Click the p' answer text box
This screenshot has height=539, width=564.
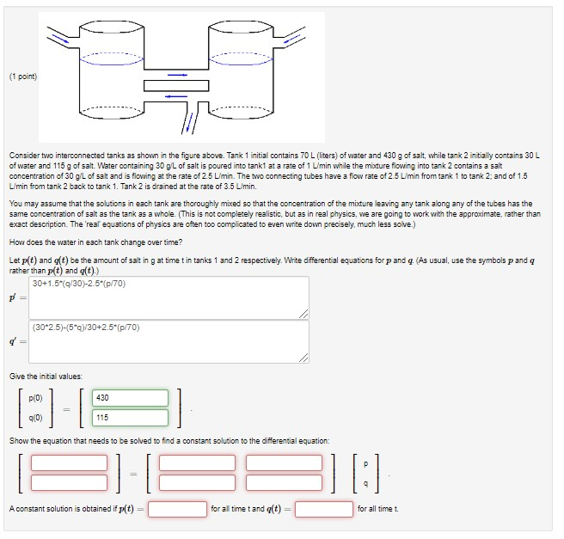[169, 297]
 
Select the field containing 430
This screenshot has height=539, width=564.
[131, 398]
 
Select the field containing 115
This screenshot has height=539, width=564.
[131, 417]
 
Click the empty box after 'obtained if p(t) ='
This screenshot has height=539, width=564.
[178, 509]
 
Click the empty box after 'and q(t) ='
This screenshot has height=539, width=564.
[324, 509]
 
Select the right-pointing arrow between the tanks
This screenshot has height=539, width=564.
[177, 75]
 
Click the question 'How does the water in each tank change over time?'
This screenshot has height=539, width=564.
[95, 242]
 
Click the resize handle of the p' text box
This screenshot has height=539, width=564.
[304, 315]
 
